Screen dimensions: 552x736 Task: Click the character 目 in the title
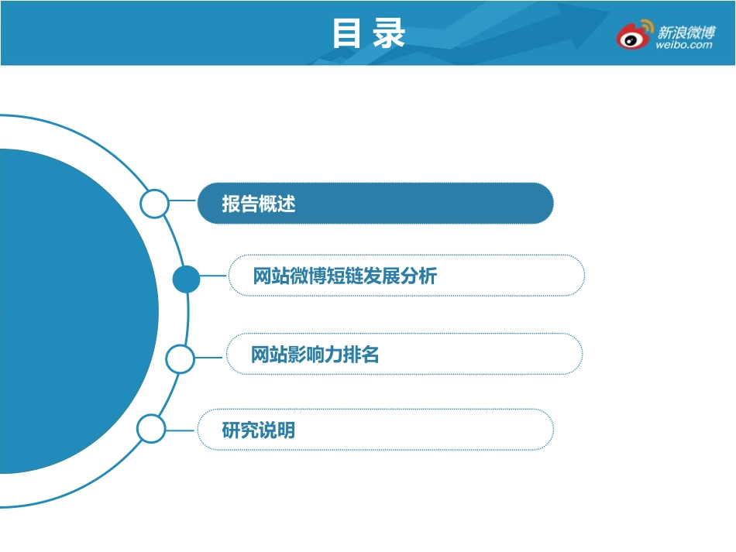pyautogui.click(x=347, y=33)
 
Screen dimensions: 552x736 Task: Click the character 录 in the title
pyautogui.click(x=389, y=33)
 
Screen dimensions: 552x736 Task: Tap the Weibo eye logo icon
pyautogui.click(x=633, y=35)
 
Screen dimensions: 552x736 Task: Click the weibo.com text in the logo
pyautogui.click(x=683, y=45)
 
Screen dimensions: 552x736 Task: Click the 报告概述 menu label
pyautogui.click(x=259, y=204)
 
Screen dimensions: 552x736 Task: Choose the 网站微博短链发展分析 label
pyautogui.click(x=345, y=276)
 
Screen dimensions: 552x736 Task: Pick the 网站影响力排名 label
pyautogui.click(x=315, y=355)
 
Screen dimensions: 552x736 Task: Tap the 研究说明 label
pyautogui.click(x=259, y=430)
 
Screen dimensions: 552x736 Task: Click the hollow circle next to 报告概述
pyautogui.click(x=154, y=204)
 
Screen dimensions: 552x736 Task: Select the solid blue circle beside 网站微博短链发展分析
pyautogui.click(x=186, y=279)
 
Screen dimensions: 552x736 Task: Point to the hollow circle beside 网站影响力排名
pyautogui.click(x=181, y=358)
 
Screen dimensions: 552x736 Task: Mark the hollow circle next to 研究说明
pyautogui.click(x=151, y=429)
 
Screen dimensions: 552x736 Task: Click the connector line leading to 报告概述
pyautogui.click(x=183, y=201)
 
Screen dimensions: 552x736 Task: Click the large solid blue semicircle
pyautogui.click(x=70, y=310)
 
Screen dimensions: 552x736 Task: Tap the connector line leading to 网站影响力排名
pyautogui.click(x=210, y=358)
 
